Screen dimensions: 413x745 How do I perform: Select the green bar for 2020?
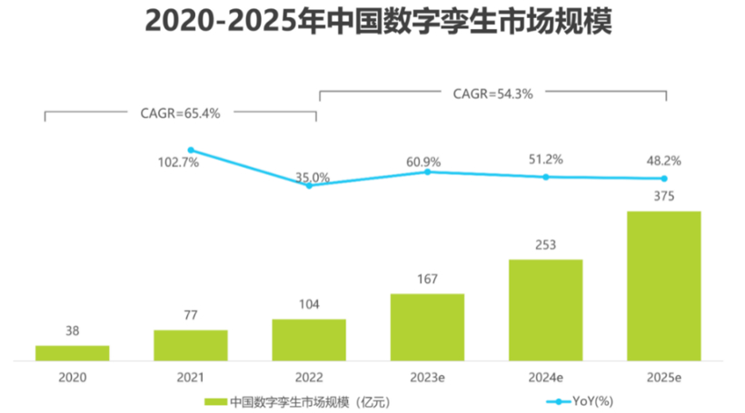[x=73, y=353]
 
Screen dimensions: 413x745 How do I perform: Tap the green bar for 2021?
[x=191, y=345]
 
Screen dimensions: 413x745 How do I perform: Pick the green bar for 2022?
[x=309, y=339]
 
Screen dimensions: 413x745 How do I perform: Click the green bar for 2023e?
[x=427, y=327]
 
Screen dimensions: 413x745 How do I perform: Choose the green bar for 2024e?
[x=545, y=310]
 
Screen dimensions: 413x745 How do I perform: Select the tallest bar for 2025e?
[x=664, y=286]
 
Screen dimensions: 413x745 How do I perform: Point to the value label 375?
[x=664, y=195]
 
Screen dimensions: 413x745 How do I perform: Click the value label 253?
[x=545, y=244]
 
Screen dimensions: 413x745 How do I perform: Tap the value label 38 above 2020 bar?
[x=73, y=331]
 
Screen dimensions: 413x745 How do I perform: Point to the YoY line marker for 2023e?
[x=427, y=172]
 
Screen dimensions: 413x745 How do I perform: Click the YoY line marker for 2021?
[x=191, y=150]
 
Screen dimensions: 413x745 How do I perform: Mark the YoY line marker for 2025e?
[x=664, y=179]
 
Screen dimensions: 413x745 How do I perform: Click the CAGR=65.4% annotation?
[x=180, y=113]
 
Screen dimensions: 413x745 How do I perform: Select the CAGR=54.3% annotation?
[x=492, y=93]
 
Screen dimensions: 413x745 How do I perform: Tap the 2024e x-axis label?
[x=545, y=375]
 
